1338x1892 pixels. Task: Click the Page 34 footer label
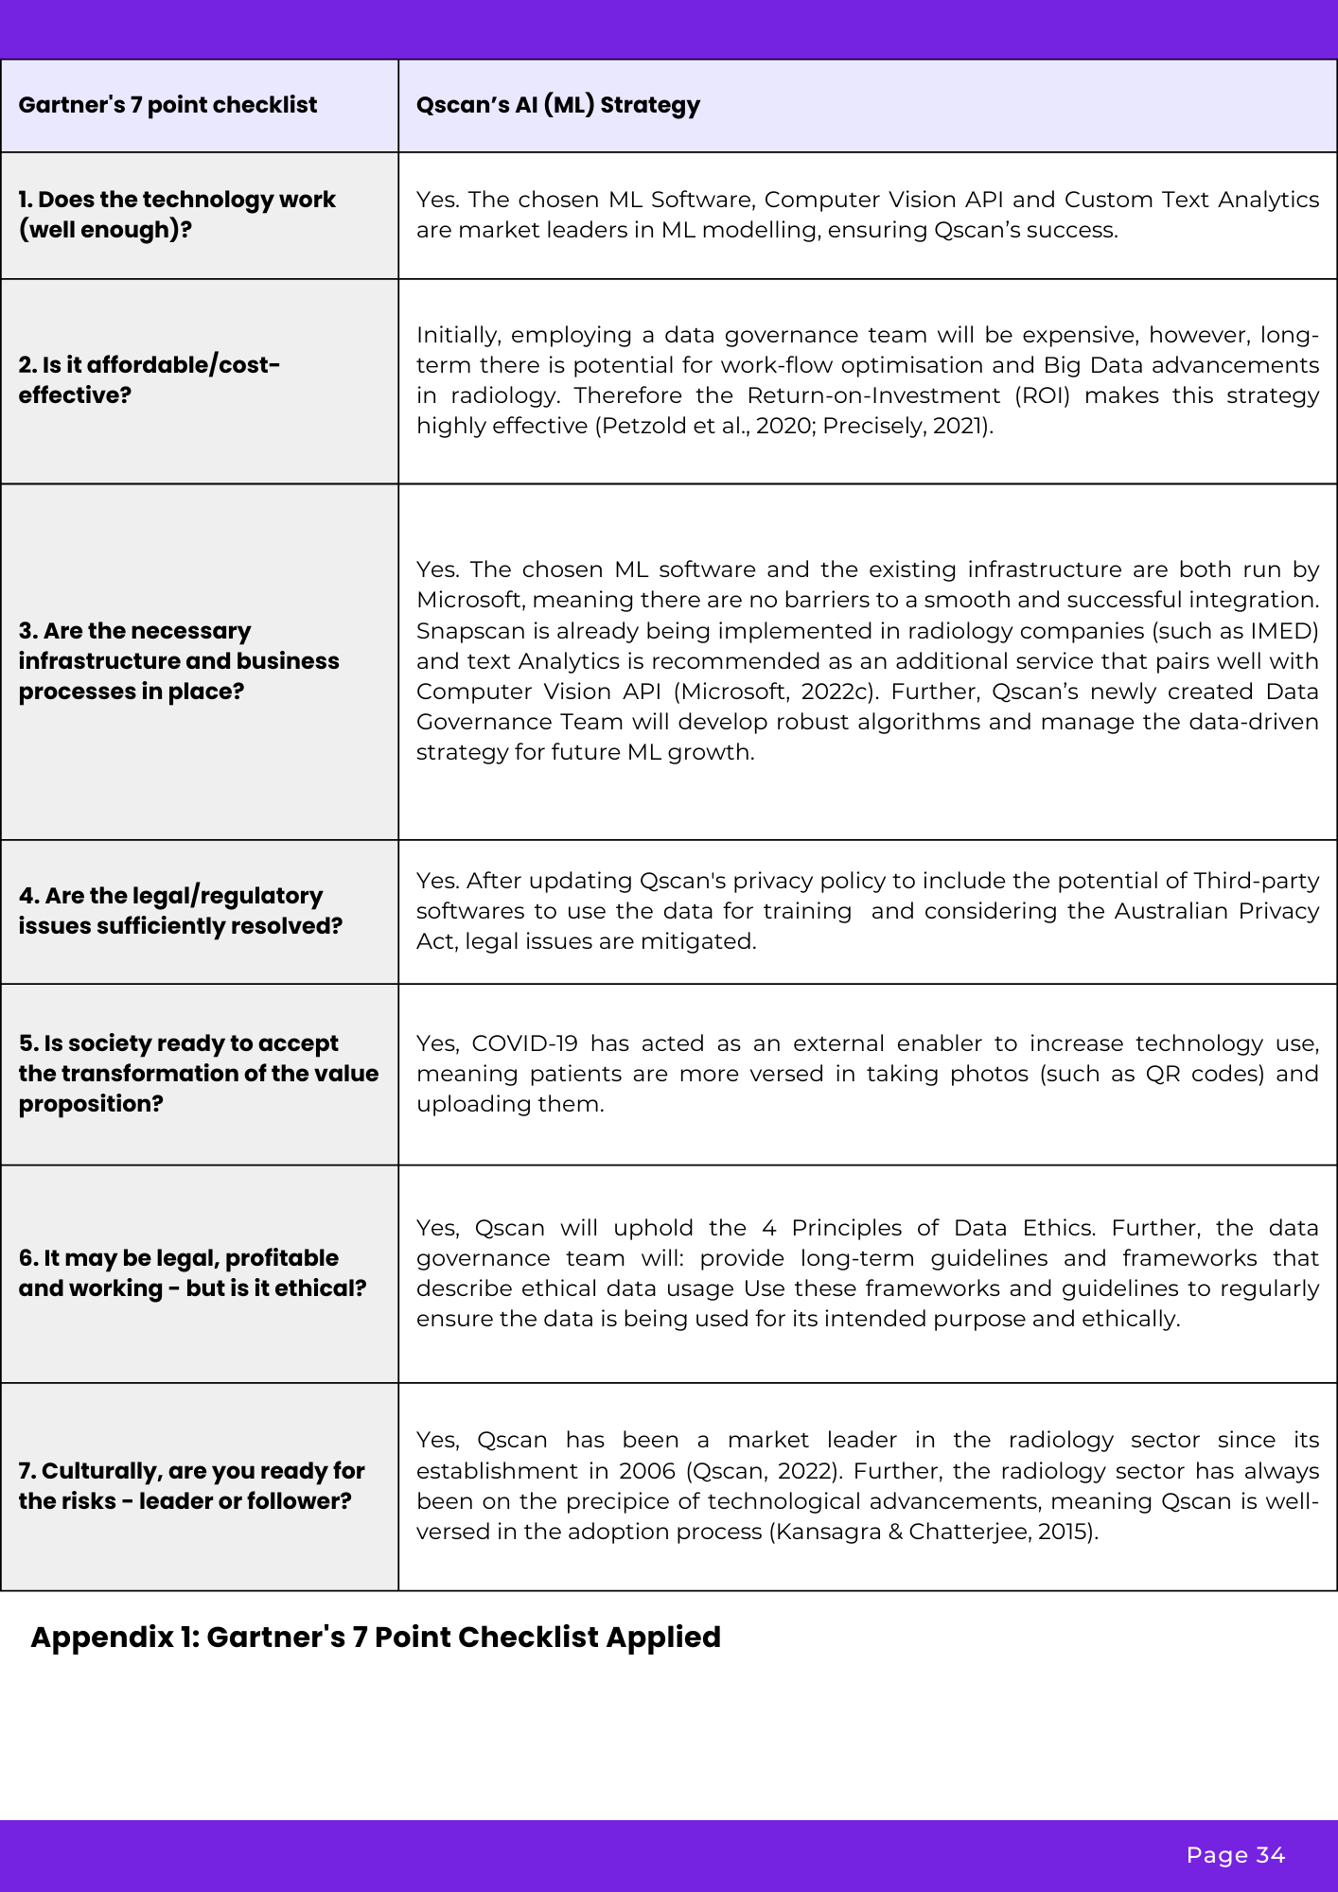(x=1235, y=1855)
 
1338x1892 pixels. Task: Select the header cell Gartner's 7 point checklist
(x=167, y=105)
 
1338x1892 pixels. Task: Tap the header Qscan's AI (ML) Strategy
(x=557, y=105)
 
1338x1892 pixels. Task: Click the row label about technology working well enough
(x=177, y=215)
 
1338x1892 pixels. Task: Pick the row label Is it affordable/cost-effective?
(x=149, y=379)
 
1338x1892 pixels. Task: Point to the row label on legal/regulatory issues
(x=180, y=910)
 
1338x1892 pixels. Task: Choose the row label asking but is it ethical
(x=192, y=1272)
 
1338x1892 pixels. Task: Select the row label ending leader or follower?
(x=191, y=1485)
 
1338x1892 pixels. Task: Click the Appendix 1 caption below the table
(x=376, y=1637)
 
